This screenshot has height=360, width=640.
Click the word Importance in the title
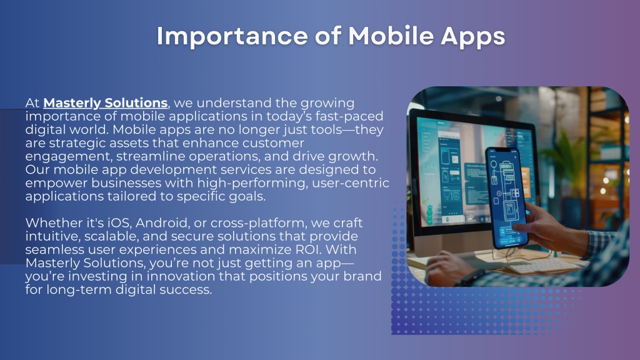click(x=232, y=36)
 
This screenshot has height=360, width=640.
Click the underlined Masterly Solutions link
click(x=105, y=103)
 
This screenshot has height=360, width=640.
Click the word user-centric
click(x=350, y=183)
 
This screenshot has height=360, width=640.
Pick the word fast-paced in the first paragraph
click(x=349, y=116)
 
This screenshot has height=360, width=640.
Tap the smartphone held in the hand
click(x=506, y=197)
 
